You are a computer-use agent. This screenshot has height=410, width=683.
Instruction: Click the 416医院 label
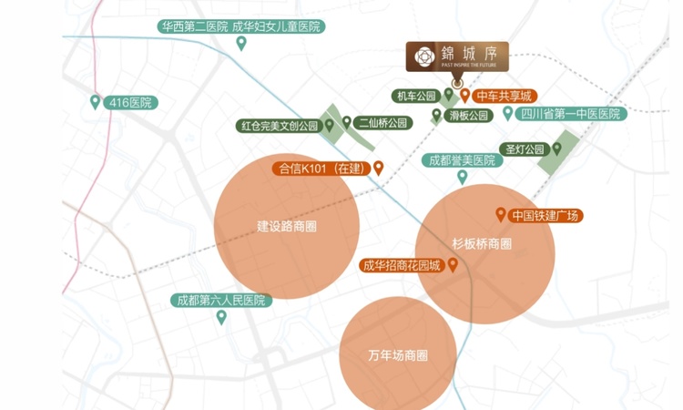click(130, 103)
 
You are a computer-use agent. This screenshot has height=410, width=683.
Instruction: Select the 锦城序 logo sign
click(457, 57)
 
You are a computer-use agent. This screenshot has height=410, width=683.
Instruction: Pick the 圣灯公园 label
click(525, 149)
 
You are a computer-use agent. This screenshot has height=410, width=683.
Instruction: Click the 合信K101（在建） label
click(321, 168)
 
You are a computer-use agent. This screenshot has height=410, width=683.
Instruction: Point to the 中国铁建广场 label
click(545, 216)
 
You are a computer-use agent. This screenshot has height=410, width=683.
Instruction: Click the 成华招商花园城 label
click(402, 266)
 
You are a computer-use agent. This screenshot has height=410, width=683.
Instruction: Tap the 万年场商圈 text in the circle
click(398, 354)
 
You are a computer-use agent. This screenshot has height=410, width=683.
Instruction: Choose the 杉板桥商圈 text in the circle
click(482, 243)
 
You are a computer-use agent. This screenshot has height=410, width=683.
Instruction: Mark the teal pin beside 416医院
click(96, 102)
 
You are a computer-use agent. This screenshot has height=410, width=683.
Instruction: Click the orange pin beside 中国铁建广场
click(499, 215)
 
